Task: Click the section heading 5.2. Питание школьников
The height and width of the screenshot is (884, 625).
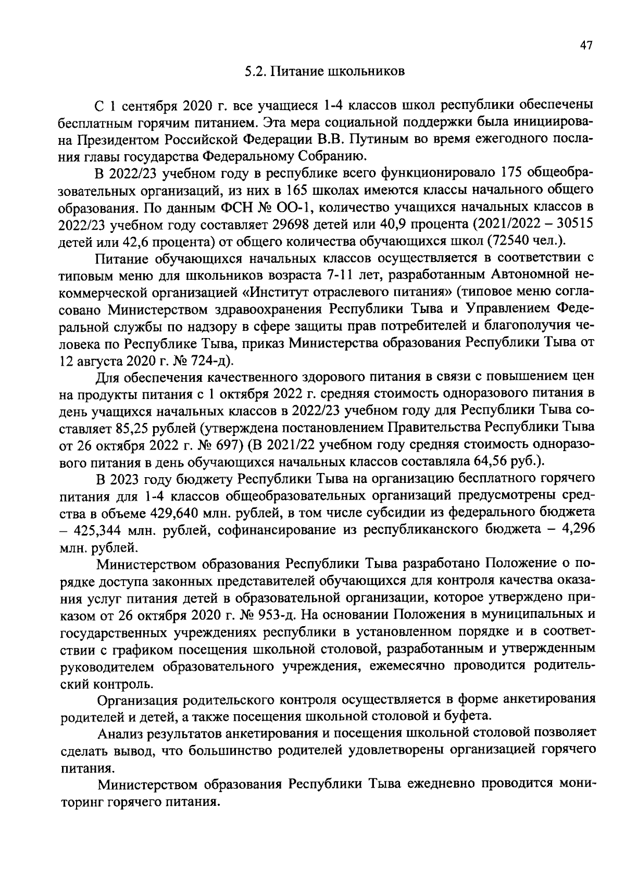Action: tap(324, 72)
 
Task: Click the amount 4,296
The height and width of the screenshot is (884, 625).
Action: tap(577, 530)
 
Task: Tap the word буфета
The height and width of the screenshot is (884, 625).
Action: tap(470, 717)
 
